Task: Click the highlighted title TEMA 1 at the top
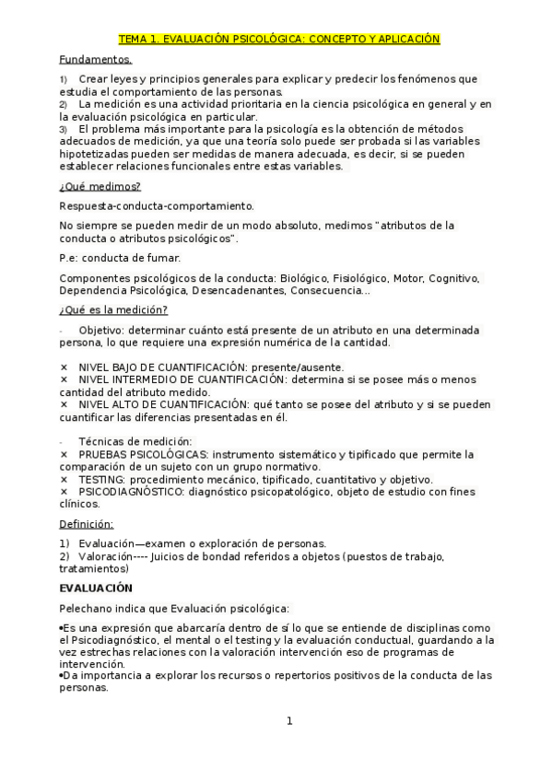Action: coord(279,40)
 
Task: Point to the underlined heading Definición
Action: coord(86,524)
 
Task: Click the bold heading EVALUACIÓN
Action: coord(96,588)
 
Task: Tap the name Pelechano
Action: coord(87,608)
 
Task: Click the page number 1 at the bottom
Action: coord(288,720)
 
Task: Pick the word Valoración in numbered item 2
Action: coord(105,556)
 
